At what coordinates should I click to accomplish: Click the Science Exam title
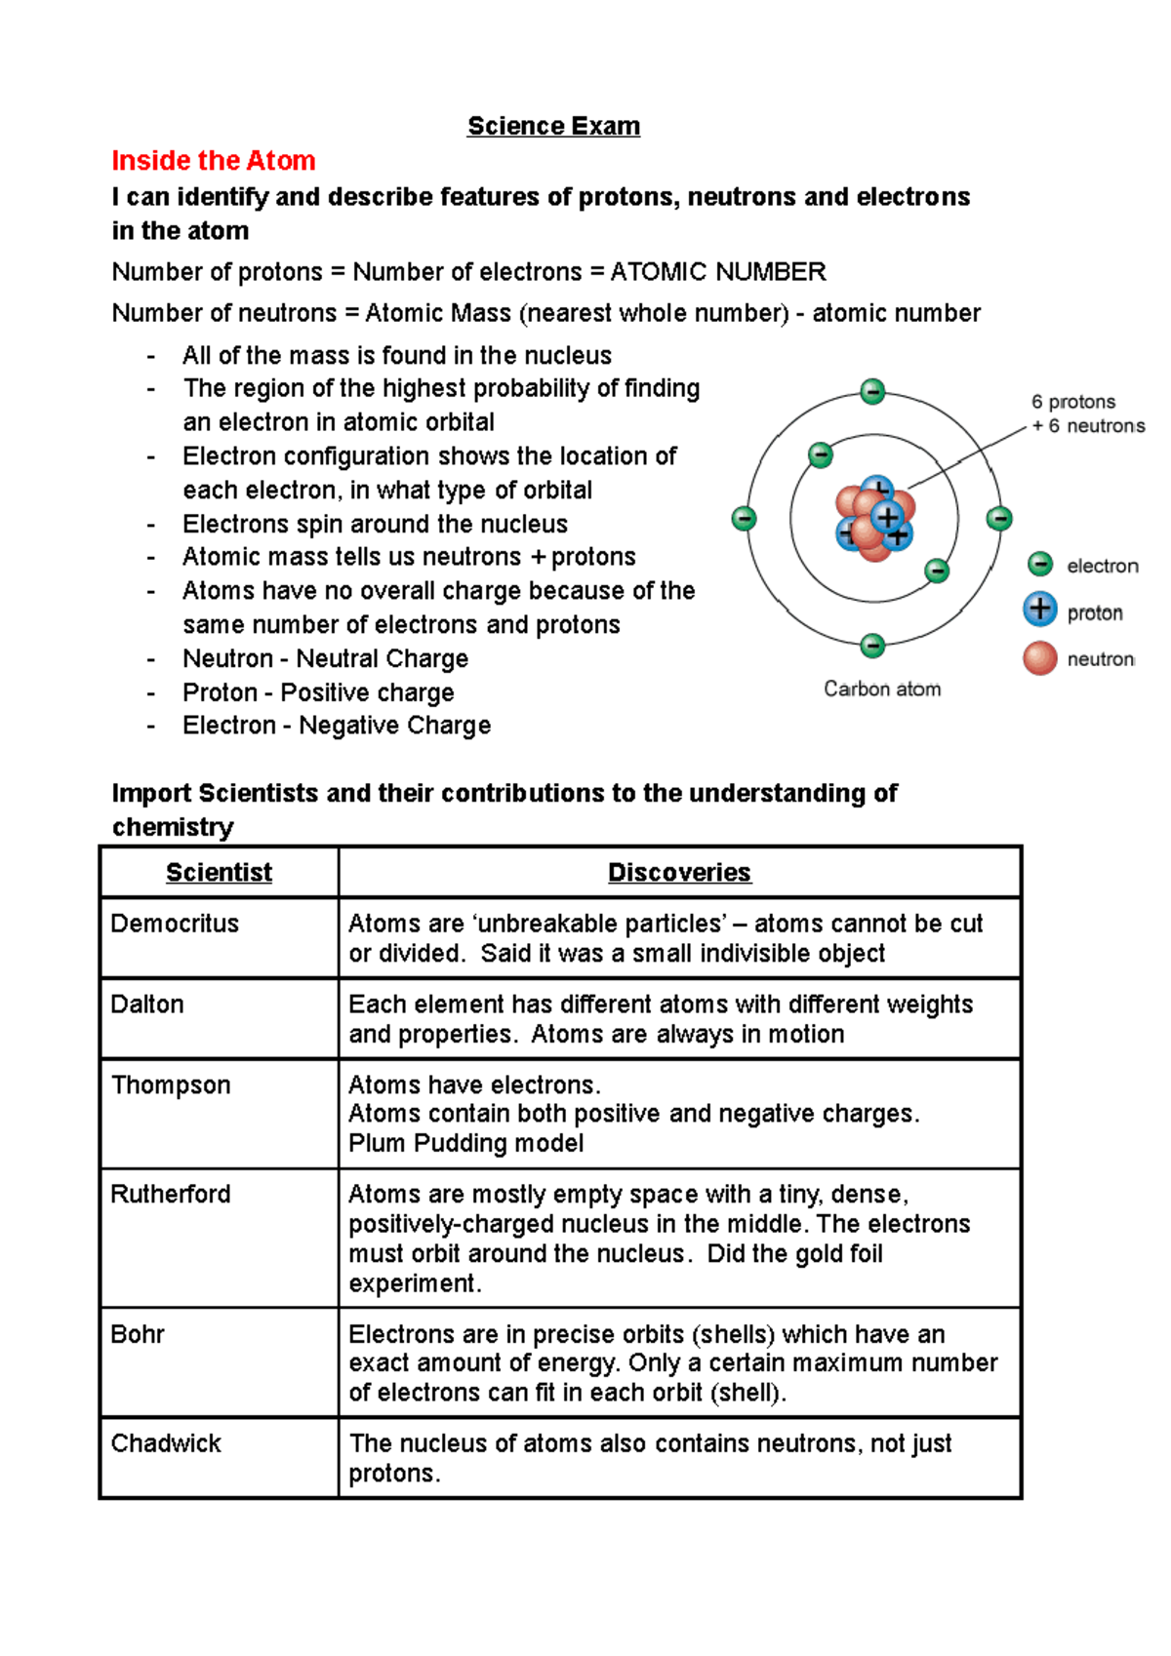pos(553,126)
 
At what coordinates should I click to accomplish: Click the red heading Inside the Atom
pos(214,161)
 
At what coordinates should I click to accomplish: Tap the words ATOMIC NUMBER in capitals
pos(718,272)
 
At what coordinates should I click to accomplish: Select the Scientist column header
pos(219,872)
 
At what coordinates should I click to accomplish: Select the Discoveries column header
pos(679,872)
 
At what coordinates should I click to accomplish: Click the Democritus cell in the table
pos(175,924)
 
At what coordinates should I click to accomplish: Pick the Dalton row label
pos(147,1005)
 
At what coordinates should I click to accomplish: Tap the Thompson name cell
pos(171,1085)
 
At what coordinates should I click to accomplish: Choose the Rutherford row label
pos(171,1195)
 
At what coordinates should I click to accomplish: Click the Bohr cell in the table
pos(138,1334)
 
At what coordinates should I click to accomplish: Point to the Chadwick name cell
pos(166,1443)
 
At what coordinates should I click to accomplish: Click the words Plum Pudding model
pos(466,1143)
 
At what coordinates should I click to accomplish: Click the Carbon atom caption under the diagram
pos(882,690)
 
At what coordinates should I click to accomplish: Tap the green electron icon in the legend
pos(1040,565)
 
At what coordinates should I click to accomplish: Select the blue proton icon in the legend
pos(1040,610)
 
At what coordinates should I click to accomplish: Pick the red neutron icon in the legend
pos(1040,658)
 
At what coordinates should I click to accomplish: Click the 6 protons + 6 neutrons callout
pos(1087,414)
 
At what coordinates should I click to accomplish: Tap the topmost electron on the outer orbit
pos(872,392)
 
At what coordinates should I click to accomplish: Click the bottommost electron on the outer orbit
pos(872,645)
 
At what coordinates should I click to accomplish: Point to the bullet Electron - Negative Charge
pos(337,726)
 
